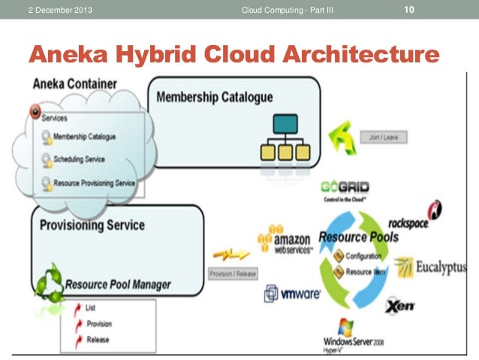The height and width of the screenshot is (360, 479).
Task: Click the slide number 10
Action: point(409,9)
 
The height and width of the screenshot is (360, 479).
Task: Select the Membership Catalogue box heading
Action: point(214,98)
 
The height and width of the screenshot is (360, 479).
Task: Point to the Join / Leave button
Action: point(384,138)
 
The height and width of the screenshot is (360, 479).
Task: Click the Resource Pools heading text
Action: point(357,237)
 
